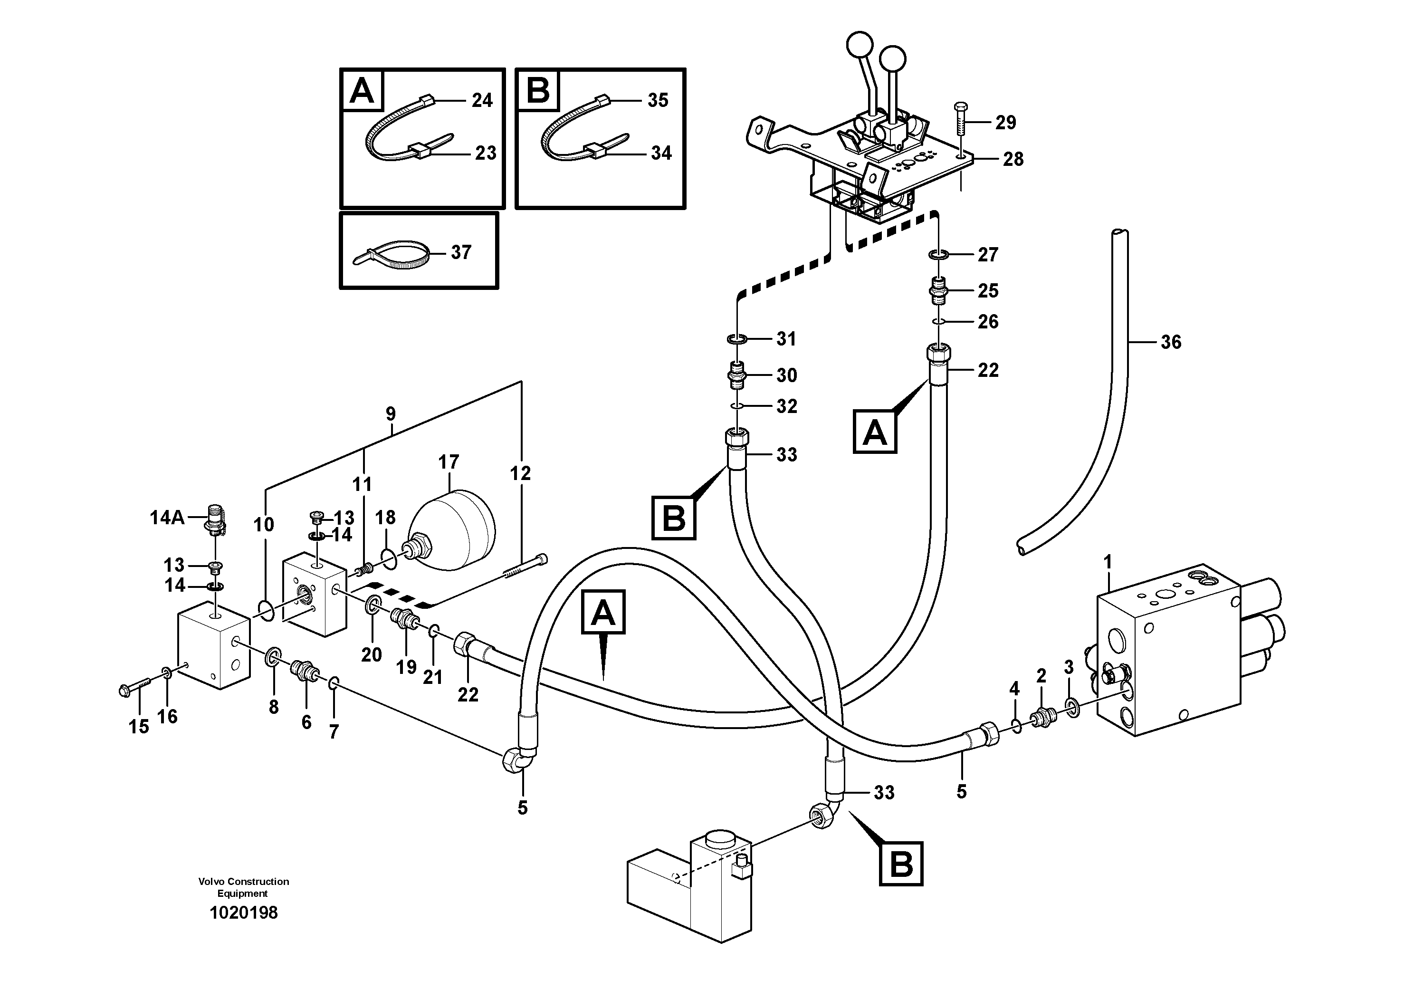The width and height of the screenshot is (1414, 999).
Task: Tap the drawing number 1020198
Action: [243, 913]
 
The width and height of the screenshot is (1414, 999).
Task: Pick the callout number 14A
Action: [167, 518]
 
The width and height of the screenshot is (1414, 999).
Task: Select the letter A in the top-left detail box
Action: [362, 91]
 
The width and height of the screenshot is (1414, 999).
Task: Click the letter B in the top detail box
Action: [538, 91]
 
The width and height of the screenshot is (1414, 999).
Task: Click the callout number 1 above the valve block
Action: [1108, 562]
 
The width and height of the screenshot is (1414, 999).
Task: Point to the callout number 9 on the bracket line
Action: [391, 414]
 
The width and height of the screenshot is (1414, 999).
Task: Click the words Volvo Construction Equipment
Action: [243, 887]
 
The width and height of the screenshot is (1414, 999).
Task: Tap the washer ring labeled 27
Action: [938, 254]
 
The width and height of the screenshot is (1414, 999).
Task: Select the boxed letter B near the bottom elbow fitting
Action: [900, 864]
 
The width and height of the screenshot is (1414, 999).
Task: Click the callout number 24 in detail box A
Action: [482, 100]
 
